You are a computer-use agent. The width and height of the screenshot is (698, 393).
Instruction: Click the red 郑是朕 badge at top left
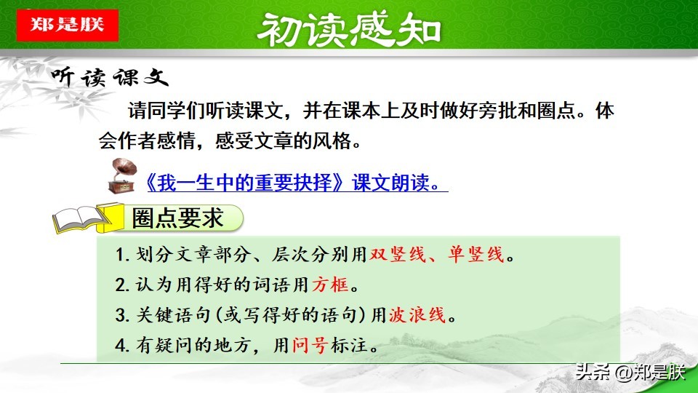pos(67,24)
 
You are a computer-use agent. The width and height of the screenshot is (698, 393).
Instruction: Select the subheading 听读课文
pos(108,79)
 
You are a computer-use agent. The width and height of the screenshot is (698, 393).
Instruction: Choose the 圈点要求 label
pos(177,217)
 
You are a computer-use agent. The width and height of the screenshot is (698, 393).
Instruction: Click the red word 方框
pos(329,285)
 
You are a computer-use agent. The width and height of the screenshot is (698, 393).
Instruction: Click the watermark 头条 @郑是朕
pos(630,373)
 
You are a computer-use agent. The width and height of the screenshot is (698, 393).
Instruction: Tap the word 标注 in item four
pos(346,346)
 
